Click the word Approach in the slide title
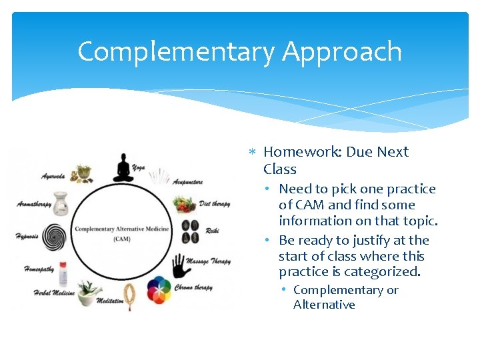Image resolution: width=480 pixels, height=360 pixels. pyautogui.click(x=341, y=52)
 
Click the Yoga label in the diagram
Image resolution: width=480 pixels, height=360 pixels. pyautogui.click(x=139, y=167)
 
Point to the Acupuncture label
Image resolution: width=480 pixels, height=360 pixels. pyautogui.click(x=187, y=181)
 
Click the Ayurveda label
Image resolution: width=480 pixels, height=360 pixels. pyautogui.click(x=53, y=177)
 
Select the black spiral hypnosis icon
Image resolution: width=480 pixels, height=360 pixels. pyautogui.click(x=54, y=236)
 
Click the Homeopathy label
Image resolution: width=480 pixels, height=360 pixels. pyautogui.click(x=39, y=269)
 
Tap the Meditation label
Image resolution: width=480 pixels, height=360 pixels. pyautogui.click(x=110, y=301)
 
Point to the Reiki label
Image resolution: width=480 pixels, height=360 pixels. pyautogui.click(x=212, y=230)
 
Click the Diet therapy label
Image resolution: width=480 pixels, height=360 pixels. pyautogui.click(x=214, y=203)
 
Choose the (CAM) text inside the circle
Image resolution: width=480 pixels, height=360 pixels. pyautogui.click(x=121, y=239)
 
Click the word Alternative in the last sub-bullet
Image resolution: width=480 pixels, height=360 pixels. pyautogui.click(x=324, y=305)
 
